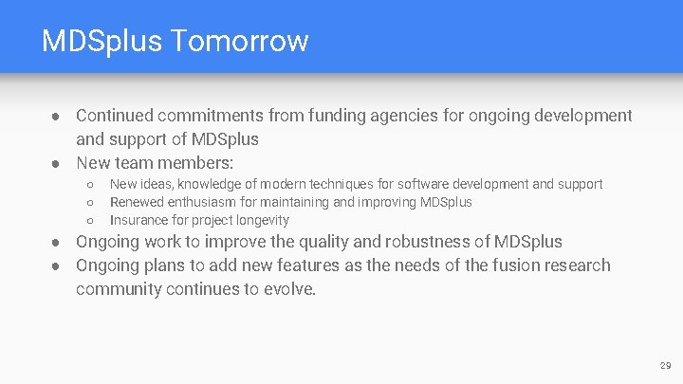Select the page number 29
[x=664, y=365]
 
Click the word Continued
[x=116, y=116]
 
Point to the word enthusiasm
[x=212, y=202]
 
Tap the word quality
[x=323, y=242]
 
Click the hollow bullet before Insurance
[x=88, y=221]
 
